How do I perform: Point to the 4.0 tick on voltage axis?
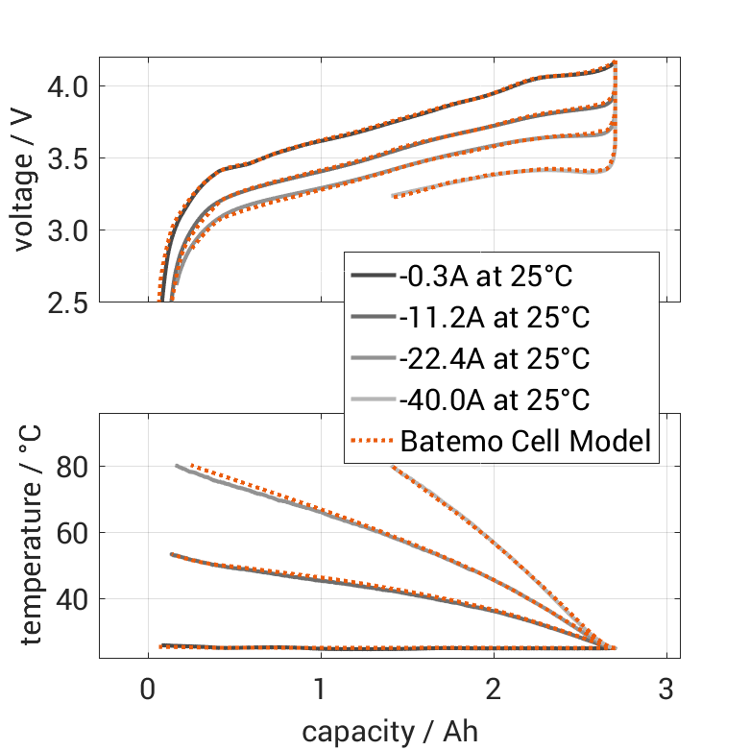69,86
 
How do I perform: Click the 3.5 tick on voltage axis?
69,158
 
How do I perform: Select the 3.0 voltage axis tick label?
69,230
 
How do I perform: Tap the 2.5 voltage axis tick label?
69,302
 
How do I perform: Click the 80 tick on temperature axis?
75,467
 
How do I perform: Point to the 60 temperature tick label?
75,533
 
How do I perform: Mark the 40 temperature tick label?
75,599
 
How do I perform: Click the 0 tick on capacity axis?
147,690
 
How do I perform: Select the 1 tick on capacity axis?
320,690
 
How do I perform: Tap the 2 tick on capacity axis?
494,690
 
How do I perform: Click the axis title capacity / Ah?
389,732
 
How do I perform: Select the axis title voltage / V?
24,180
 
